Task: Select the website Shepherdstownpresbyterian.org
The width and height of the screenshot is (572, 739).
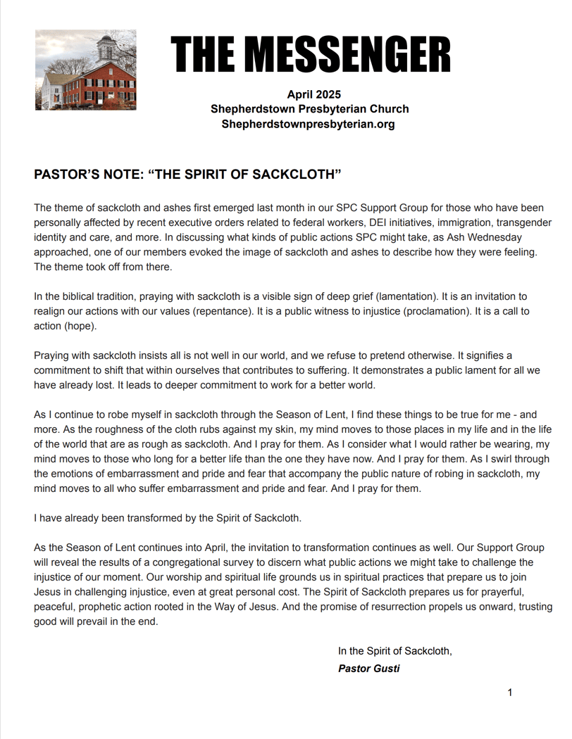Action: coord(308,124)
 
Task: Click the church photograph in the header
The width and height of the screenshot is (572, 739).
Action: coord(86,70)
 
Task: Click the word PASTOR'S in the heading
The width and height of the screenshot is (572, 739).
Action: coord(66,175)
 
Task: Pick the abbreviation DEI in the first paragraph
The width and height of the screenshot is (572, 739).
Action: coord(380,223)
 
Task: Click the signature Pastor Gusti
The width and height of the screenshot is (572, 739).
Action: coord(369,669)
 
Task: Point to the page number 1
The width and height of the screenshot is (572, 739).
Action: coord(510,693)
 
